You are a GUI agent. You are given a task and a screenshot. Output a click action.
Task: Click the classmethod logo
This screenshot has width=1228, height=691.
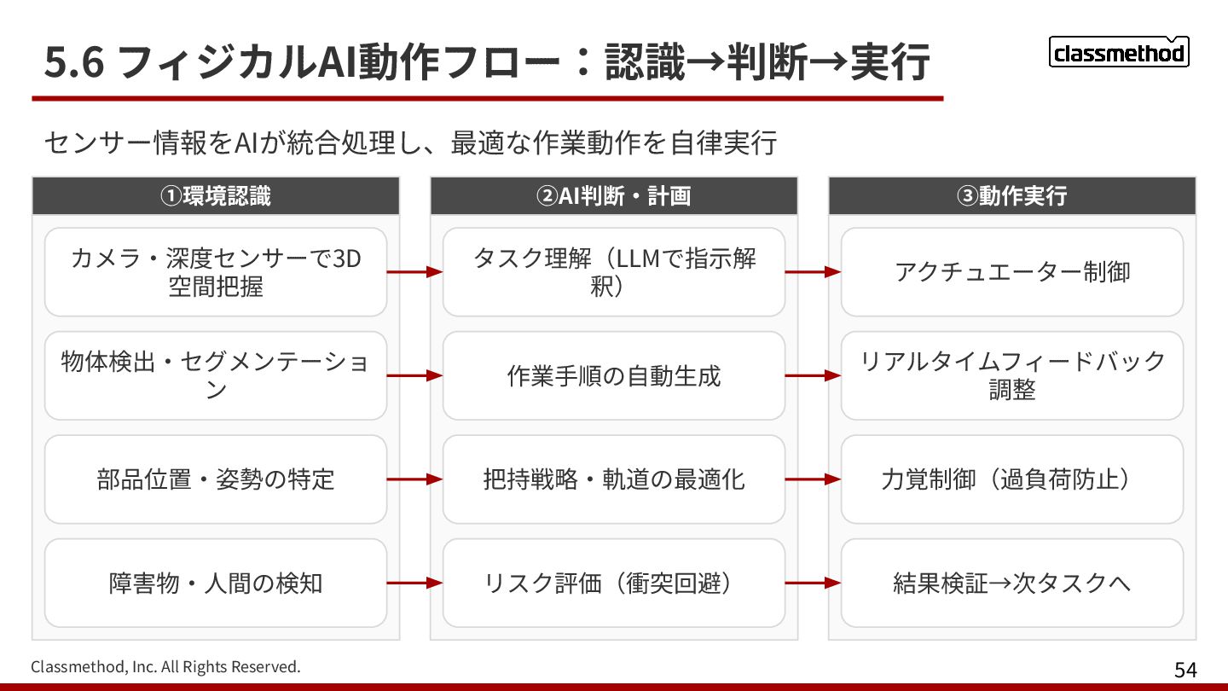[1118, 53]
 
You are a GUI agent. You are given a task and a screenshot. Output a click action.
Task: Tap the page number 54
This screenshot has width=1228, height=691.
[1185, 670]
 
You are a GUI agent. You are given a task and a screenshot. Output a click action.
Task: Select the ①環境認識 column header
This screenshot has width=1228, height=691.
[216, 196]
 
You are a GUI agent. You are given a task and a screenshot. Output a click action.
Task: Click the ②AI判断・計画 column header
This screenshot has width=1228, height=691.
[613, 196]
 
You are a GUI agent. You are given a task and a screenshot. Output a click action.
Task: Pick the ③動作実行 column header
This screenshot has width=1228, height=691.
[1011, 196]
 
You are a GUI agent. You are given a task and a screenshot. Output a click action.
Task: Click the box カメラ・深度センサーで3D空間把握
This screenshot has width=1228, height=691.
[216, 272]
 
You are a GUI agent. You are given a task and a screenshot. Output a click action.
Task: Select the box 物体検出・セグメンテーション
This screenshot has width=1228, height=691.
[216, 375]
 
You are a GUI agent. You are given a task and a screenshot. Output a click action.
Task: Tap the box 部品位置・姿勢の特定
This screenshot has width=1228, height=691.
[216, 479]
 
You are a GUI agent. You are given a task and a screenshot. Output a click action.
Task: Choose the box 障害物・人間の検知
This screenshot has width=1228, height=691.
[216, 584]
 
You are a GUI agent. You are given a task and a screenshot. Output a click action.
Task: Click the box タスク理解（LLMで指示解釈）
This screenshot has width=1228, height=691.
[613, 272]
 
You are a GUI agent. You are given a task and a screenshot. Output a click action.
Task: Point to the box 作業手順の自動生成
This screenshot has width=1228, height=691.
[613, 375]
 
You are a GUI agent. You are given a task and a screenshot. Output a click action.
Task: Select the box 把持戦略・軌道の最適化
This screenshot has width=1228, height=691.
[613, 479]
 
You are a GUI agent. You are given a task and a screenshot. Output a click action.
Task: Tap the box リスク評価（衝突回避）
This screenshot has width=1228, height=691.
[613, 584]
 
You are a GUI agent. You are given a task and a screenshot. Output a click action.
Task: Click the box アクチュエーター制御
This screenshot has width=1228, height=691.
[1011, 272]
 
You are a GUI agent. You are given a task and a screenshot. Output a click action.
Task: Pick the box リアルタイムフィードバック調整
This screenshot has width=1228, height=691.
[1011, 375]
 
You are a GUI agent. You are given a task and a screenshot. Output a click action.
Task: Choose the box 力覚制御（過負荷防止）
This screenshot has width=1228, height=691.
[1011, 479]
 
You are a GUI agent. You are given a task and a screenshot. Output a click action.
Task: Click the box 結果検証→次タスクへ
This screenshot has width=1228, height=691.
[1011, 584]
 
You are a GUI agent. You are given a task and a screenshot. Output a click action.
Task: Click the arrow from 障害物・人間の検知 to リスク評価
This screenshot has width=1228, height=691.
[414, 584]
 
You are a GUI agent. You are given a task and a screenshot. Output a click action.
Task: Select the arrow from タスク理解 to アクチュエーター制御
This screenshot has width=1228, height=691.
[813, 272]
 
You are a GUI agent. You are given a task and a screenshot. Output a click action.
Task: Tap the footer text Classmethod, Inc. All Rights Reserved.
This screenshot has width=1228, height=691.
[165, 666]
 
